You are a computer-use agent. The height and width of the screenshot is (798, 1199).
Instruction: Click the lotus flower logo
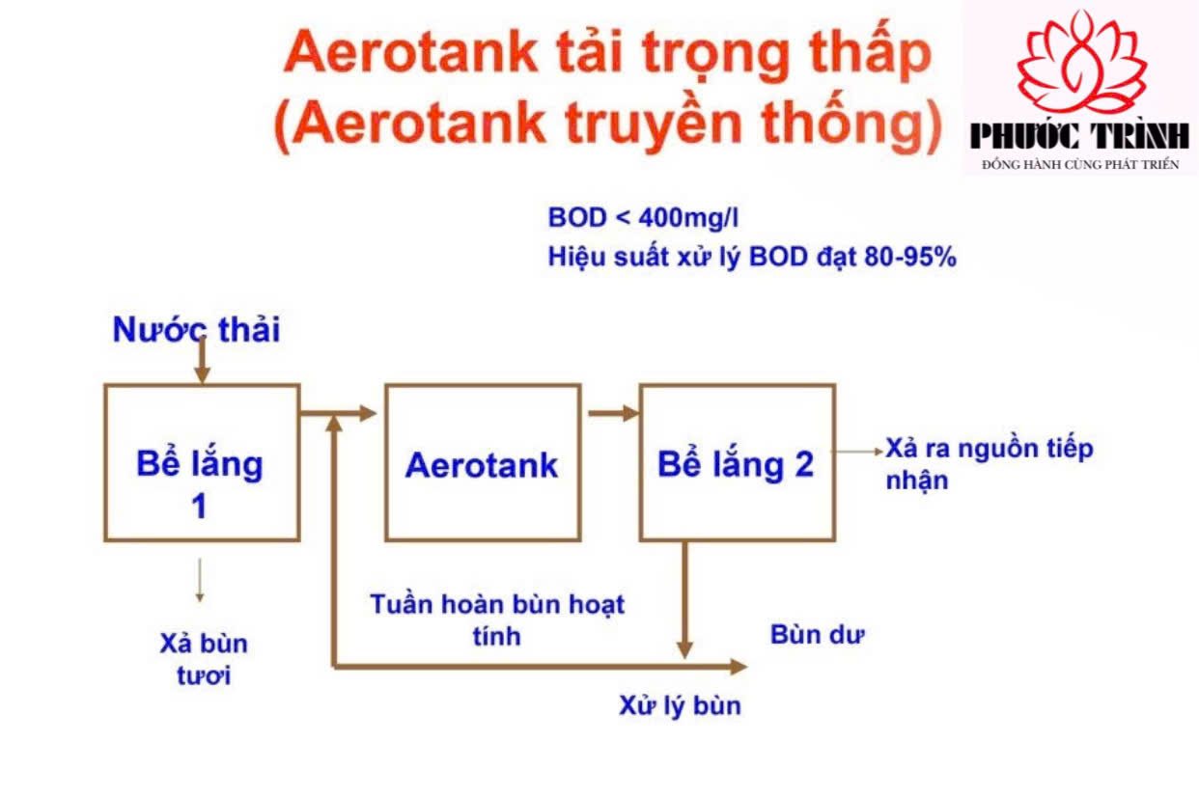[x=1081, y=62]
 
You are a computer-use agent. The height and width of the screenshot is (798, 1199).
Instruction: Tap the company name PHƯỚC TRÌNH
[x=1079, y=136]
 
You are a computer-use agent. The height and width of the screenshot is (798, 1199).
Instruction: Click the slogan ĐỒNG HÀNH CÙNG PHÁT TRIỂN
[x=1080, y=164]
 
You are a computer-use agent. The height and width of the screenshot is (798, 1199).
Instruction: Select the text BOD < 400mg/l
[x=643, y=218]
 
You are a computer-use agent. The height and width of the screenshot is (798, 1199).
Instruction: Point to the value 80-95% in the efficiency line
[x=910, y=257]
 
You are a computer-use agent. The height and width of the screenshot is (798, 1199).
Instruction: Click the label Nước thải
[x=196, y=329]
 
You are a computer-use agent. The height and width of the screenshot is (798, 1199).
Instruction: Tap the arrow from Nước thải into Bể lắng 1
[x=202, y=359]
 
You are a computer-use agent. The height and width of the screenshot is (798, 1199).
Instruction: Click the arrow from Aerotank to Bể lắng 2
[x=614, y=413]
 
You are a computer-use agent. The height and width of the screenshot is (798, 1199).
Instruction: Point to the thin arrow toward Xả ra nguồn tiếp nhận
[x=857, y=452]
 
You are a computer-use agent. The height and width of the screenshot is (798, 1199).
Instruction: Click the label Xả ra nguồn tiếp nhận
[x=990, y=464]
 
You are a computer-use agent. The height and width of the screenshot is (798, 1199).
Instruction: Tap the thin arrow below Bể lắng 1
[x=200, y=580]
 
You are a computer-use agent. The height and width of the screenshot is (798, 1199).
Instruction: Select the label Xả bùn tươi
[x=204, y=659]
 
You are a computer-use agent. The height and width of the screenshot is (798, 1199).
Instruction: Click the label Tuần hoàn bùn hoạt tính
[x=497, y=619]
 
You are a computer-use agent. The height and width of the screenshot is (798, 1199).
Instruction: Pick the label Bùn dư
[x=818, y=635]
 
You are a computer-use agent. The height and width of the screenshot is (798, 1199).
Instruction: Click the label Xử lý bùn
[x=680, y=705]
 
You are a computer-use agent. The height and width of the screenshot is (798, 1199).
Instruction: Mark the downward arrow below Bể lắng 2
[x=684, y=600]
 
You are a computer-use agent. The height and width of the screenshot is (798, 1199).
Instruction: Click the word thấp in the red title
[x=871, y=52]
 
